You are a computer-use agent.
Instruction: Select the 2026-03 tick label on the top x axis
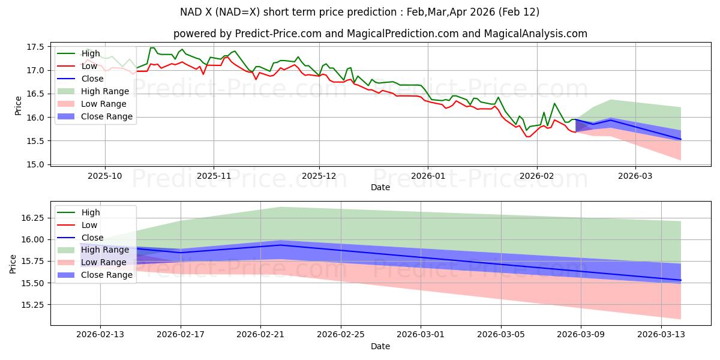point(635,176)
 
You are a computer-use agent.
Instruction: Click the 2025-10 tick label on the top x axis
point(105,176)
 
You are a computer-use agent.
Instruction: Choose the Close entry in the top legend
point(92,79)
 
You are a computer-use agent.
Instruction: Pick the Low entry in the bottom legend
point(90,225)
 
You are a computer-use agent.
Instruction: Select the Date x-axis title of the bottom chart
point(380,346)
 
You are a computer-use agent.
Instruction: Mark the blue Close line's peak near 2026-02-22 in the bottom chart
point(281,245)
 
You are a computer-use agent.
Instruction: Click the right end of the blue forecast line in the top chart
point(681,139)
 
